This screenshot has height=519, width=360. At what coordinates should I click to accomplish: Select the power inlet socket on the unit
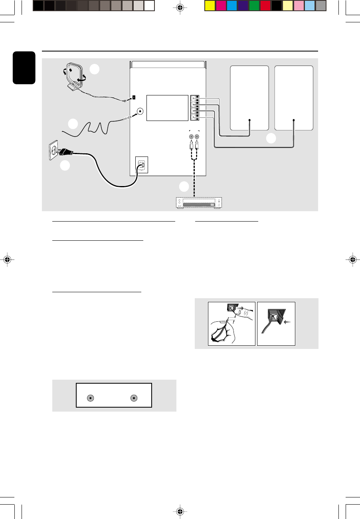141,164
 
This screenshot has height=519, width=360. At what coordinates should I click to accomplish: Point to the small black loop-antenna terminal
134,97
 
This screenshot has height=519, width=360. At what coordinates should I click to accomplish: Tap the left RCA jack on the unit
192,136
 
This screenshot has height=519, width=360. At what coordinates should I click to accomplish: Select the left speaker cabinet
249,98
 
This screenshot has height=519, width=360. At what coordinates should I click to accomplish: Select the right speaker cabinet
294,98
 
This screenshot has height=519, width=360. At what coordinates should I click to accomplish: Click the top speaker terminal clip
194,98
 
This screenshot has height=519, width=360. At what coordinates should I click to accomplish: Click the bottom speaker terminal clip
194,118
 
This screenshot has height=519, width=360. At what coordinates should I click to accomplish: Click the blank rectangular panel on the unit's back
167,108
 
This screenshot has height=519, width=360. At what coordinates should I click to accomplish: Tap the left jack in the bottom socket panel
90,398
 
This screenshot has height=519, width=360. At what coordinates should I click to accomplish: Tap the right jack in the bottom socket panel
134,398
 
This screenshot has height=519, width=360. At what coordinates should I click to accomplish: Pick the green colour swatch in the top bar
254,6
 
